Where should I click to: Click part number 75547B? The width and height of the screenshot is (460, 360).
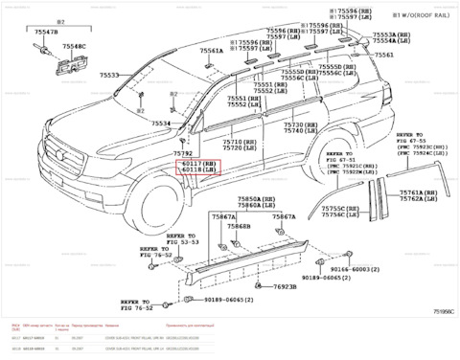tap(45, 33)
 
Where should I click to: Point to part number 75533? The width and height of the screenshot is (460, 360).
tap(110, 75)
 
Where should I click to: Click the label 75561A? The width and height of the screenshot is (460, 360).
tap(212, 51)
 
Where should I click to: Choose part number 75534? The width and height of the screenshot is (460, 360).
tap(160, 124)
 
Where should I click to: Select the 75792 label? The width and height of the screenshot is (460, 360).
tap(183, 153)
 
